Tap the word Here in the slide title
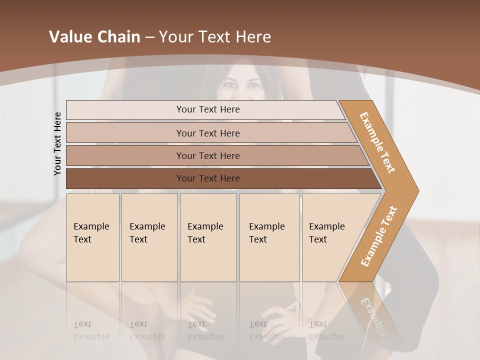tap(253, 37)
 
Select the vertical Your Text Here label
tap(57, 143)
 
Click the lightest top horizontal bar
tap(208, 109)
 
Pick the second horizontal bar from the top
tap(208, 133)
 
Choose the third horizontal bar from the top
tap(208, 155)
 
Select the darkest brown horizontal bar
tap(208, 178)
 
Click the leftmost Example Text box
tap(92, 237)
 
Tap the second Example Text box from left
tap(149, 237)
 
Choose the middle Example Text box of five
tap(208, 237)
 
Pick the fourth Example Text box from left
tap(269, 237)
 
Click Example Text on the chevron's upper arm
tap(377, 142)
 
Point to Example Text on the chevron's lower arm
tap(379, 236)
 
